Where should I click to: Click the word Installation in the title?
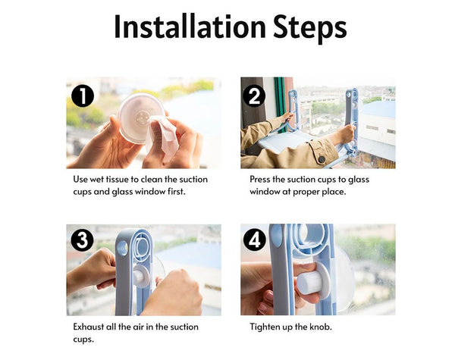[190, 26]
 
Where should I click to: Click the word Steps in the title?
[310, 27]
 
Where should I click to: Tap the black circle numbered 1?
[83, 95]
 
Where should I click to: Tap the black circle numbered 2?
[254, 95]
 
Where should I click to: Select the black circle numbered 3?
[83, 240]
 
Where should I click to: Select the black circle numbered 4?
[254, 240]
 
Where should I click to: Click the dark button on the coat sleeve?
[322, 159]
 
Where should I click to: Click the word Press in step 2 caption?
[260, 180]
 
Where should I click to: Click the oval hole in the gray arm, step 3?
[123, 248]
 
